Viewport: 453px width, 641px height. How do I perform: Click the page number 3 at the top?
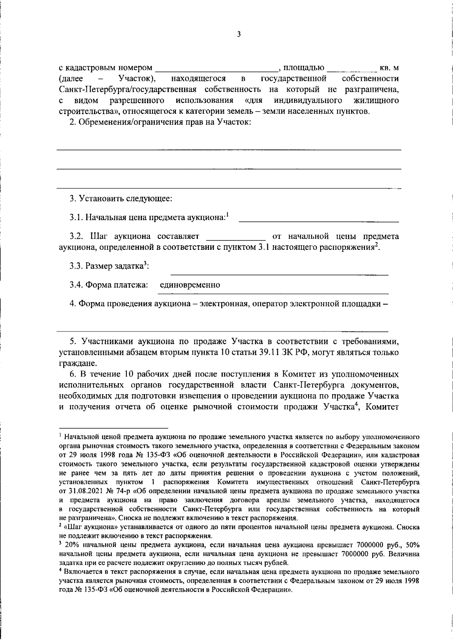(238, 34)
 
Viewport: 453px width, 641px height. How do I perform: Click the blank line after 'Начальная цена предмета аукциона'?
(319, 218)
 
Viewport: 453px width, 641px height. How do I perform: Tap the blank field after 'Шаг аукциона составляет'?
(236, 237)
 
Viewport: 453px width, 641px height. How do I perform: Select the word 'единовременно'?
(190, 285)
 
